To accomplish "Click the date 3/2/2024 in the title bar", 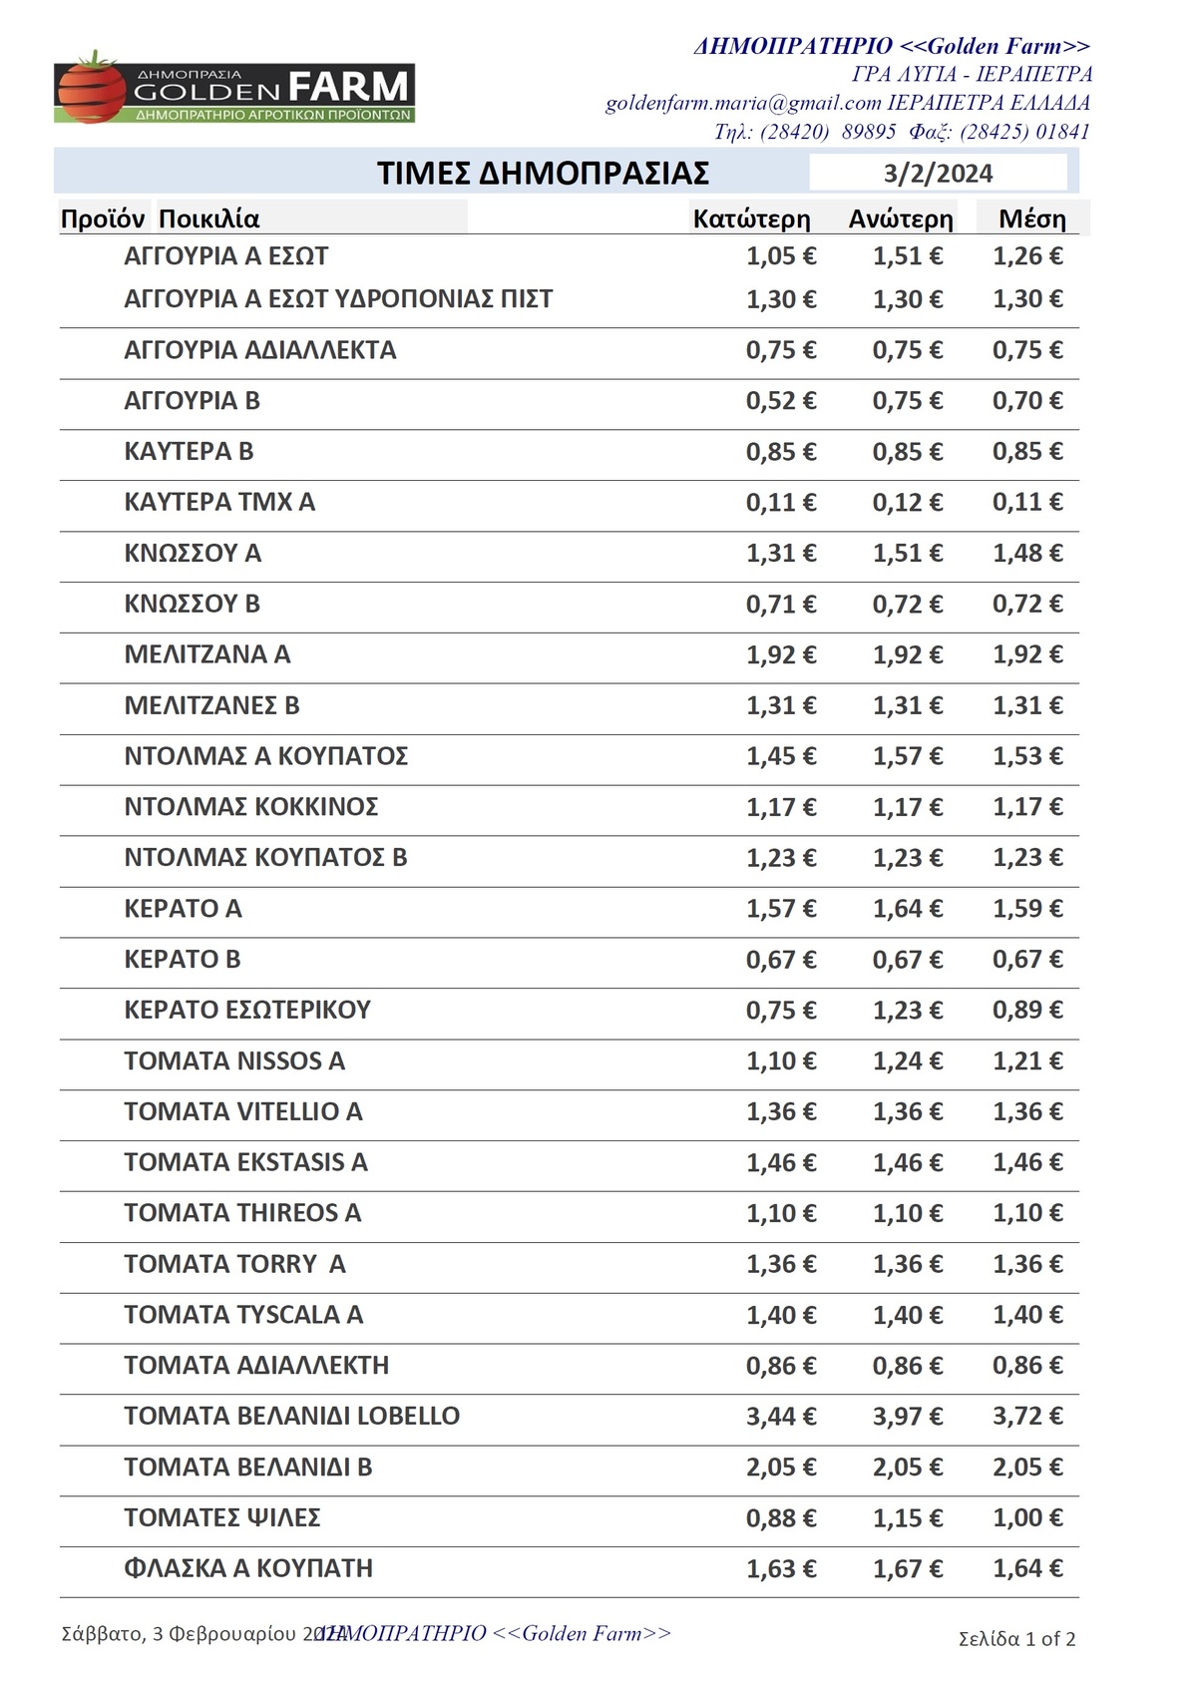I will tap(938, 174).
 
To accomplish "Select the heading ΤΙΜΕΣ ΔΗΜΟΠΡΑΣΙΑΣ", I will tap(543, 173).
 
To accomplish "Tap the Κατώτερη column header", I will tap(751, 219).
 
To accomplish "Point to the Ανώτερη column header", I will tap(901, 219).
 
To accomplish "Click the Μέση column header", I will tap(1032, 219).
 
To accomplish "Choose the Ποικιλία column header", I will tap(209, 219).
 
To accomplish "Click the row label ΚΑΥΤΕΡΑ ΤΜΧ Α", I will tap(219, 502).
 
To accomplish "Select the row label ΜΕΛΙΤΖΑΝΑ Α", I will tap(207, 654).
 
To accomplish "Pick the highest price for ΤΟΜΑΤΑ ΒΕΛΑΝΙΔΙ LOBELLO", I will tap(908, 1417).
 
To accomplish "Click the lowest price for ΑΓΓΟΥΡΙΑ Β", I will tap(781, 401).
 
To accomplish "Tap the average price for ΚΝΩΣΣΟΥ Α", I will tap(1027, 554).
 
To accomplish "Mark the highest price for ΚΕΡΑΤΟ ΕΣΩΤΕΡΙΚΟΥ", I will tap(908, 1011).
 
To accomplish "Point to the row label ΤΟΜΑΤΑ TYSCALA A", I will tap(243, 1315).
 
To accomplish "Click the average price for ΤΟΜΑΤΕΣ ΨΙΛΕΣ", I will tap(1027, 1518).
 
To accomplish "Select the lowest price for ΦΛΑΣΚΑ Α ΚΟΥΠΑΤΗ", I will tap(781, 1569).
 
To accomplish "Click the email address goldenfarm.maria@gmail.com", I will tap(743, 103).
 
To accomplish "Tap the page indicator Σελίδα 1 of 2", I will tap(1016, 1639).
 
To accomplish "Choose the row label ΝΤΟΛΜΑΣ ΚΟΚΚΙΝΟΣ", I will tap(251, 807).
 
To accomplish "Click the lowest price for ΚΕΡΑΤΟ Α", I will tap(781, 909).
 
